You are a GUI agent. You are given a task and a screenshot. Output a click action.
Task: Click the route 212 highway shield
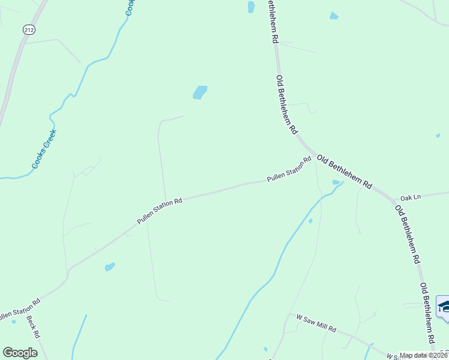pyautogui.click(x=28, y=29)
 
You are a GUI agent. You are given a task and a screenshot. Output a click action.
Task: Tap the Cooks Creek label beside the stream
pyautogui.click(x=44, y=149)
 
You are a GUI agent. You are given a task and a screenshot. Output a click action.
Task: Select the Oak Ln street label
pyautogui.click(x=411, y=197)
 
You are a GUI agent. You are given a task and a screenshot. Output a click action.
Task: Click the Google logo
pyautogui.click(x=20, y=353)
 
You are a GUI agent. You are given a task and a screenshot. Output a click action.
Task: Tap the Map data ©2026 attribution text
pyautogui.click(x=424, y=355)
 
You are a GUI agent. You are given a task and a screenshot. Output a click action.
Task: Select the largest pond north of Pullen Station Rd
pyautogui.click(x=199, y=92)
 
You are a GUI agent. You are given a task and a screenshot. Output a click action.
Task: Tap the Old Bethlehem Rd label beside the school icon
pyautogui.click(x=427, y=313)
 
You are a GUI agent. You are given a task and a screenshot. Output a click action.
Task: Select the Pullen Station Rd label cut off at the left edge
pyautogui.click(x=19, y=307)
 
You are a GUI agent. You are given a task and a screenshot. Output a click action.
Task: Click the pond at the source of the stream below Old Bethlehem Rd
pyautogui.click(x=336, y=182)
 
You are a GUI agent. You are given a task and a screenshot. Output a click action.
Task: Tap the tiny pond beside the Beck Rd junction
pyautogui.click(x=13, y=322)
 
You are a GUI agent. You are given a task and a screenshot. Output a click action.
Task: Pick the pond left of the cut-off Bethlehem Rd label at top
pyautogui.click(x=251, y=7)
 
